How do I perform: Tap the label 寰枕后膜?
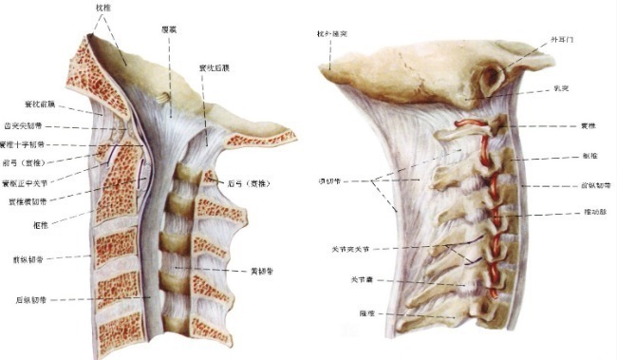[x=216, y=67]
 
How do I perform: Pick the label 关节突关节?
[x=346, y=249]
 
